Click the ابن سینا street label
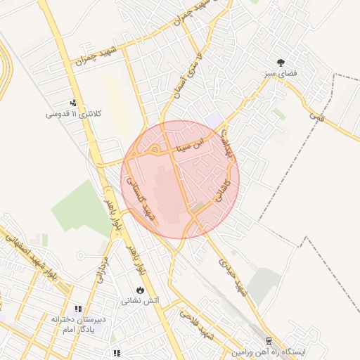[193, 146]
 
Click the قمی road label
[320, 117]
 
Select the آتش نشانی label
[140, 300]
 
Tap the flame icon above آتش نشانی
[140, 289]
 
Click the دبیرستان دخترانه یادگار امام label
[77, 324]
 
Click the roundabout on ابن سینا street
[153, 149]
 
